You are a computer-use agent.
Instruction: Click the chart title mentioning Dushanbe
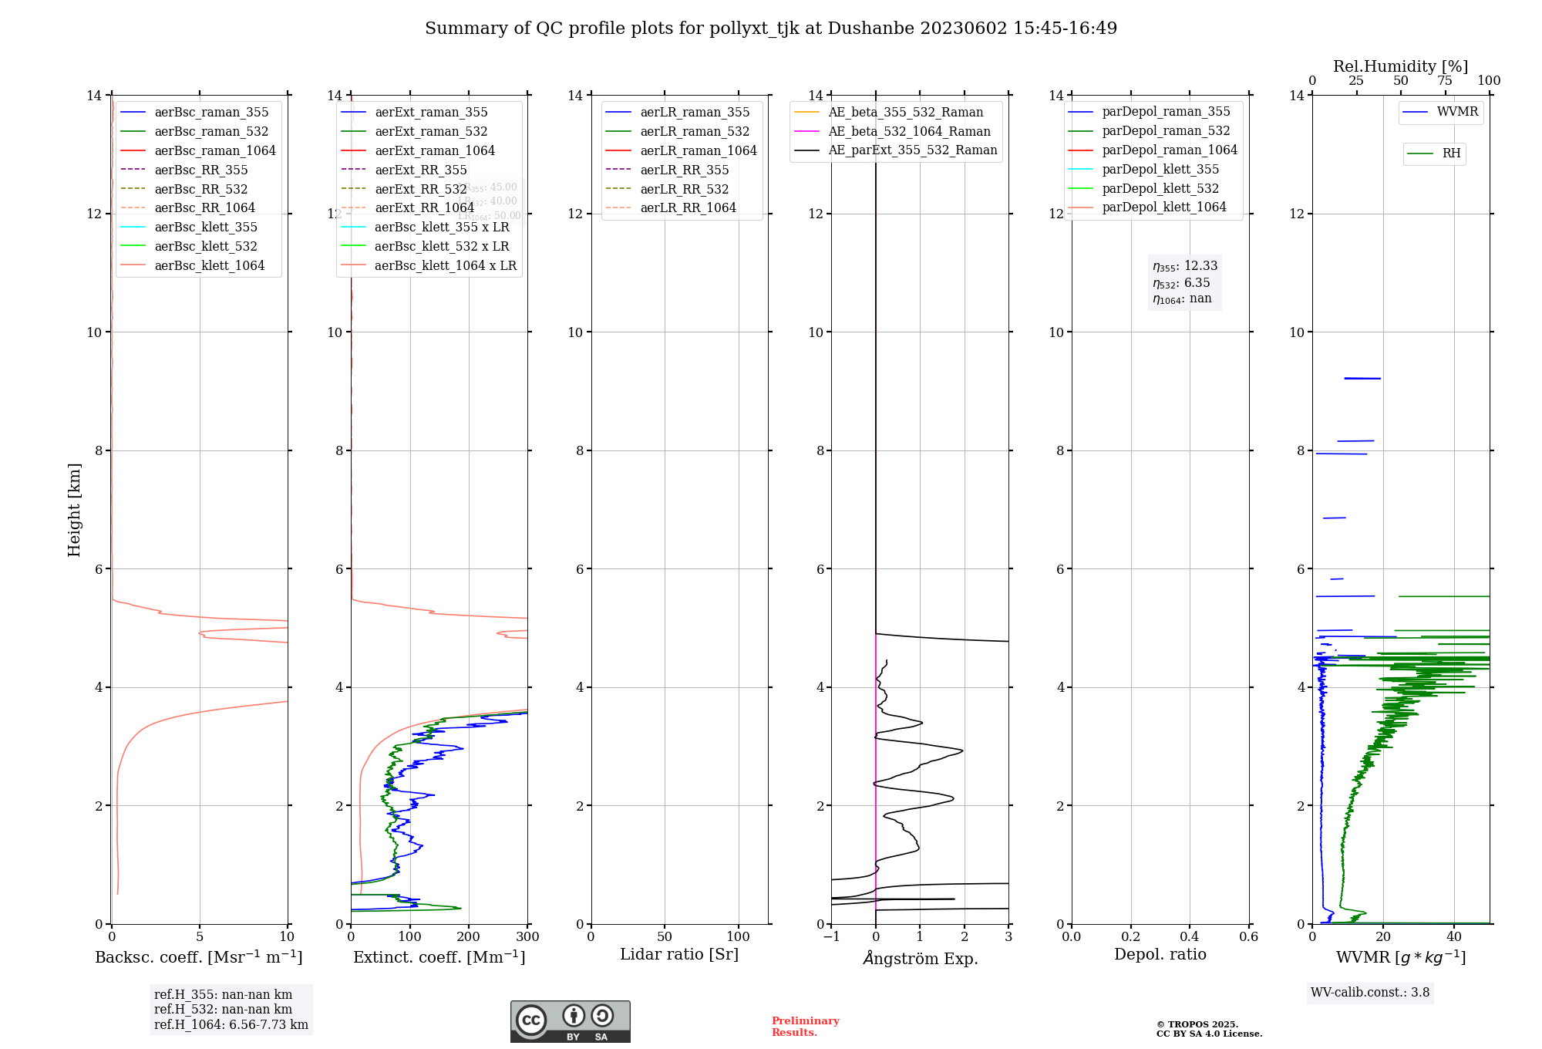pyautogui.click(x=770, y=29)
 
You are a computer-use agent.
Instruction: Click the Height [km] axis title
pyautogui.click(x=74, y=510)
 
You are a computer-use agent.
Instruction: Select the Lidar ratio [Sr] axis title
pyautogui.click(x=679, y=954)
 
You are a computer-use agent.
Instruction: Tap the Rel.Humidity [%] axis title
pyautogui.click(x=1400, y=66)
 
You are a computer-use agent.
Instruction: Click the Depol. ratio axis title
pyautogui.click(x=1160, y=954)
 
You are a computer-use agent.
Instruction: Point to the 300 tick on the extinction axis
pyautogui.click(x=528, y=937)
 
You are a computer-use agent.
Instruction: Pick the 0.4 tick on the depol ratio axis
pyautogui.click(x=1190, y=937)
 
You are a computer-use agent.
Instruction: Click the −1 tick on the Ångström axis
pyautogui.click(x=831, y=937)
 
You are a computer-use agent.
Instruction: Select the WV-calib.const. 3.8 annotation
pyautogui.click(x=1370, y=993)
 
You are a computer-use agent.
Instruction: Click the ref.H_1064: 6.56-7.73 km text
pyautogui.click(x=231, y=1025)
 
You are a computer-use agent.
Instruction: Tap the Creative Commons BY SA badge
pyautogui.click(x=570, y=1021)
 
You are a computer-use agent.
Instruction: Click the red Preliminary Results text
pyautogui.click(x=805, y=1027)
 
